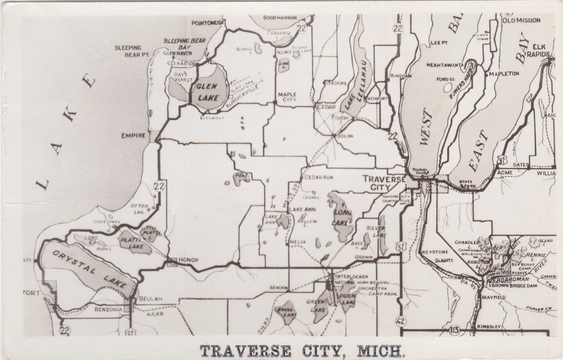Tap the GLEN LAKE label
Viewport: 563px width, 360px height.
(x=207, y=90)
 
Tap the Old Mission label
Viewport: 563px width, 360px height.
(x=521, y=20)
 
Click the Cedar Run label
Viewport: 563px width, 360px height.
(x=318, y=178)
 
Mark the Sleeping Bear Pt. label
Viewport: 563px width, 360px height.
(x=128, y=51)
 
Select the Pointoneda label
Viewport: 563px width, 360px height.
(x=207, y=23)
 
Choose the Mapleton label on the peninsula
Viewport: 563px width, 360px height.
(x=503, y=73)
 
